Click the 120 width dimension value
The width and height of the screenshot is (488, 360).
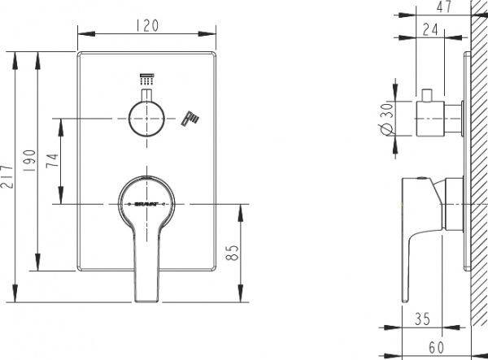(x=148, y=24)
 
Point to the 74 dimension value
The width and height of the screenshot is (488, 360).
(x=52, y=160)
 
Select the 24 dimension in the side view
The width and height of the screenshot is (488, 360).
(x=433, y=30)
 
